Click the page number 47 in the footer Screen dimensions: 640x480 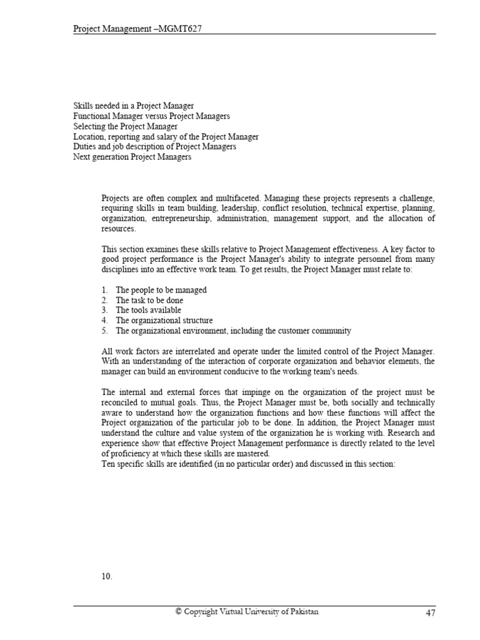tap(430, 613)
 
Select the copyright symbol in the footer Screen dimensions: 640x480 tap(178, 612)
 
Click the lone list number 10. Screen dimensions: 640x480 tap(107, 577)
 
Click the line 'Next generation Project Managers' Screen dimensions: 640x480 tap(132, 157)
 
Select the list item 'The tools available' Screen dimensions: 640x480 tap(148, 310)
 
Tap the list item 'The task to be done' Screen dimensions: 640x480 tap(149, 300)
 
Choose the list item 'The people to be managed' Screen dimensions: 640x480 tap(161, 290)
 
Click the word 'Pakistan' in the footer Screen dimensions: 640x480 tap(302, 612)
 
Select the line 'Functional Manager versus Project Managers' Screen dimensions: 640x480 tap(152, 116)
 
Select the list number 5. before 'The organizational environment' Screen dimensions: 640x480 tap(104, 331)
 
